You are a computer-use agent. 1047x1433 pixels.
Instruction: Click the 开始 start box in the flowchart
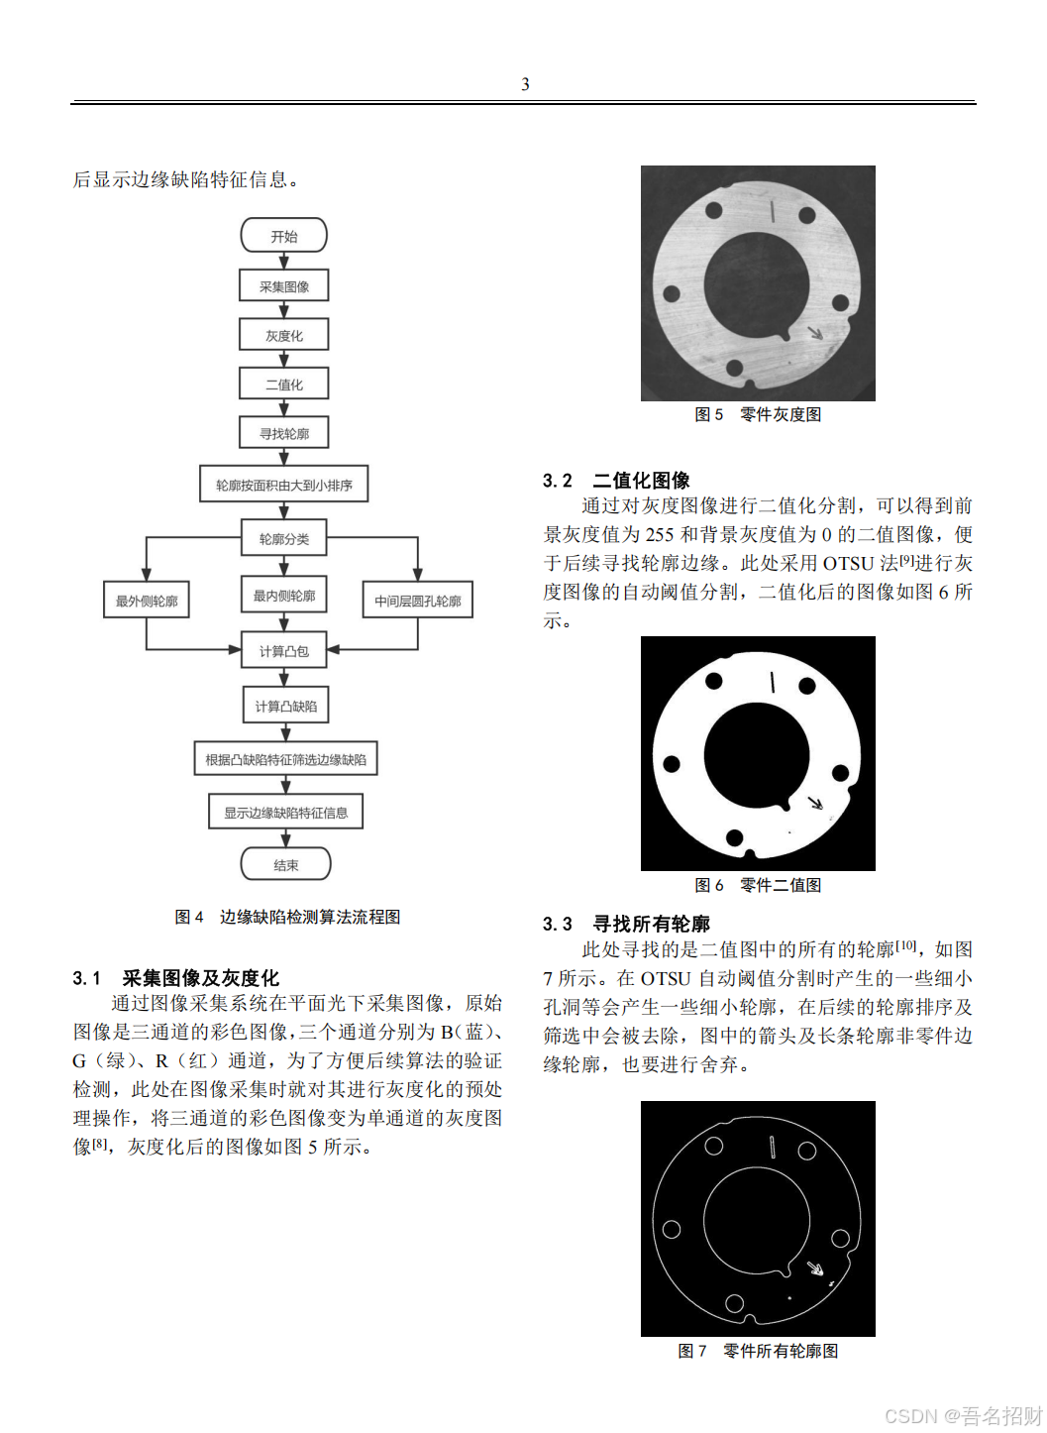pyautogui.click(x=284, y=236)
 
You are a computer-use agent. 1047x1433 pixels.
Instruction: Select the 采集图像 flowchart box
pyautogui.click(x=284, y=286)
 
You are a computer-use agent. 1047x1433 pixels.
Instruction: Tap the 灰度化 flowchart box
pyautogui.click(x=284, y=335)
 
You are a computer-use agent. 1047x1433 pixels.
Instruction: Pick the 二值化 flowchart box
pyautogui.click(x=284, y=384)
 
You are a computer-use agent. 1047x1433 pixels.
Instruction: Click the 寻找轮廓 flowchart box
pyautogui.click(x=284, y=433)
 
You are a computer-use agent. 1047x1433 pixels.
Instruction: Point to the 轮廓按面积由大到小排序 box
pyautogui.click(x=284, y=485)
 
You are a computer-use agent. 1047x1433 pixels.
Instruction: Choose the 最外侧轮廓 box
pyautogui.click(x=147, y=601)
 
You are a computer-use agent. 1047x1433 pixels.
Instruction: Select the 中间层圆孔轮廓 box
pyautogui.click(x=417, y=601)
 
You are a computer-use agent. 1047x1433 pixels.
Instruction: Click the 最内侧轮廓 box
pyautogui.click(x=284, y=596)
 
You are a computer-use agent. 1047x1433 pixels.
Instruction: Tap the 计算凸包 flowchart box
pyautogui.click(x=284, y=651)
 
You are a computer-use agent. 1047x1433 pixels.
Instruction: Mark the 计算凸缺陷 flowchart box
pyautogui.click(x=286, y=706)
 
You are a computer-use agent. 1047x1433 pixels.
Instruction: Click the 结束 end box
pyautogui.click(x=286, y=864)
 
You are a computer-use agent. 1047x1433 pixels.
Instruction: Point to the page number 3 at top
pyautogui.click(x=525, y=84)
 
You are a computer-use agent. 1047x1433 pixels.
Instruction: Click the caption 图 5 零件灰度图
pyautogui.click(x=758, y=414)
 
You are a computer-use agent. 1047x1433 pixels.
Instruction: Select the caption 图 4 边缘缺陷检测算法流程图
pyautogui.click(x=287, y=917)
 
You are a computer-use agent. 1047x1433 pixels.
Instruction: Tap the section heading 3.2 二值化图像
pyautogui.click(x=616, y=481)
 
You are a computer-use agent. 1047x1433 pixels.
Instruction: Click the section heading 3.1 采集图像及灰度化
pyautogui.click(x=176, y=978)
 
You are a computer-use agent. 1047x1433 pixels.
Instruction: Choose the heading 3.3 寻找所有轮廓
pyautogui.click(x=626, y=924)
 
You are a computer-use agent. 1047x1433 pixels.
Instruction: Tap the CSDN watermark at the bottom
pyautogui.click(x=963, y=1415)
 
